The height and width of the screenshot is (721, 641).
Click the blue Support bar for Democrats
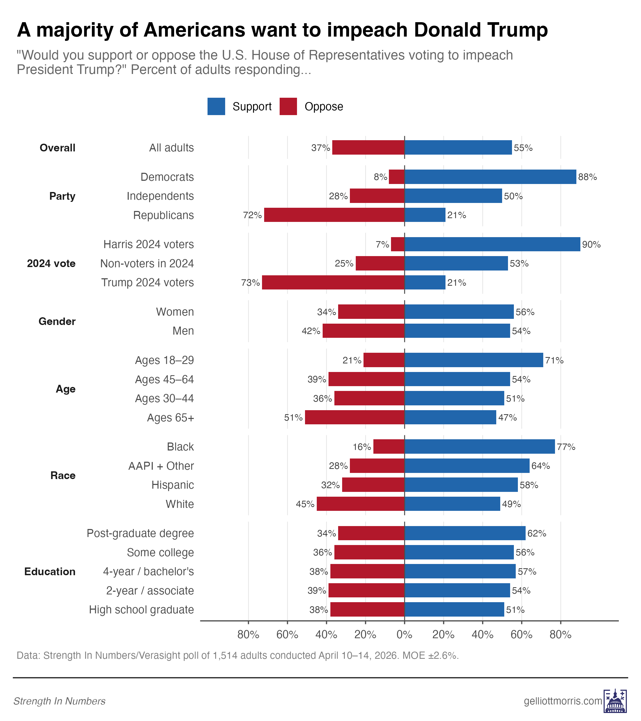[490, 177]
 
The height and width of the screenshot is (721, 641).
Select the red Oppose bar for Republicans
[334, 215]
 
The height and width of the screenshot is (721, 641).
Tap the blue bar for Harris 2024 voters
[492, 244]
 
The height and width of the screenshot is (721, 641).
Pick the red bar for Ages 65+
[354, 417]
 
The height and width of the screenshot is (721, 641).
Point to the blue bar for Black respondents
[479, 446]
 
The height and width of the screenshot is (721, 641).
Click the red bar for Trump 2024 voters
[333, 283]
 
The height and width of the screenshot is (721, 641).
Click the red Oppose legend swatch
[288, 107]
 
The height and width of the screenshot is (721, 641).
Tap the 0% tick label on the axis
[404, 635]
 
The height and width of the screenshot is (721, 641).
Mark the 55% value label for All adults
[523, 148]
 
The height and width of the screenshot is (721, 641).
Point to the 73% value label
[251, 283]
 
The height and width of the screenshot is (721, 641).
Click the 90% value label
[591, 244]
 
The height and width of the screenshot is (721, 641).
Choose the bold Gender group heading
[57, 321]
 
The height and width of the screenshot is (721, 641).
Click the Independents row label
[160, 196]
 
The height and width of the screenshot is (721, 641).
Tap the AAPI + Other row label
[161, 466]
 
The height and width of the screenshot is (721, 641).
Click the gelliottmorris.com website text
[563, 701]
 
